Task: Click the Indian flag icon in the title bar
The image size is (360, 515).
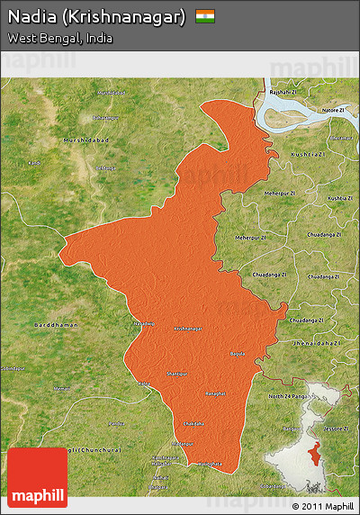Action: [205, 16]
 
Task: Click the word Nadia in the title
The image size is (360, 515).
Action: [33, 16]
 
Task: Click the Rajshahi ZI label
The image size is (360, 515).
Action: [283, 92]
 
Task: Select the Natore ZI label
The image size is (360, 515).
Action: [335, 110]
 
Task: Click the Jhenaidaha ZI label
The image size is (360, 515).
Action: [318, 343]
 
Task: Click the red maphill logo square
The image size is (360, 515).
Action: [37, 477]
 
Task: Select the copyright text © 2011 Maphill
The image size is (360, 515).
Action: [322, 507]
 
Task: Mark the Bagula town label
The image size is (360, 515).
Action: [237, 354]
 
